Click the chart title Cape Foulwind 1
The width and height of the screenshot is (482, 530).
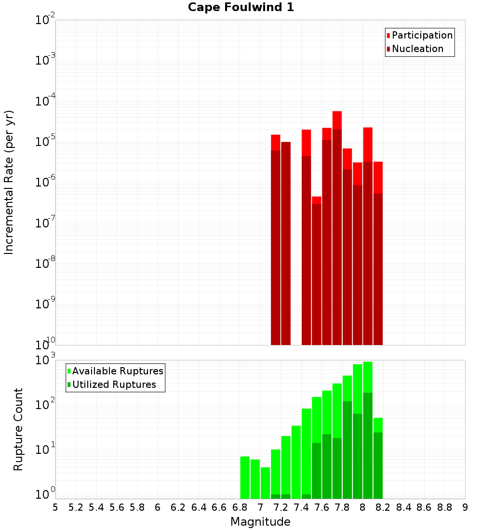point(241,7)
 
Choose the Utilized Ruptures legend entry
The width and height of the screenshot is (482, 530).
point(114,384)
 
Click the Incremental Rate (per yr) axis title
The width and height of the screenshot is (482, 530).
point(9,183)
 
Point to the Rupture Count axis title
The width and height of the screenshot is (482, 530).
point(18,429)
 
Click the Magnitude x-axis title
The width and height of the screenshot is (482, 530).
point(260,522)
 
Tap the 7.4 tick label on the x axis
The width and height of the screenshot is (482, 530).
point(301,507)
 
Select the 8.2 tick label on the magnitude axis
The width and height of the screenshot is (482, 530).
point(383,507)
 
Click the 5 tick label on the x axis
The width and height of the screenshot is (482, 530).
point(55,507)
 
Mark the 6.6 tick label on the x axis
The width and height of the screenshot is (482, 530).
point(219,507)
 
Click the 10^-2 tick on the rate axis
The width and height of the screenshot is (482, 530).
point(45,20)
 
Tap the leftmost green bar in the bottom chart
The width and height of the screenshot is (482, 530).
point(245,477)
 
